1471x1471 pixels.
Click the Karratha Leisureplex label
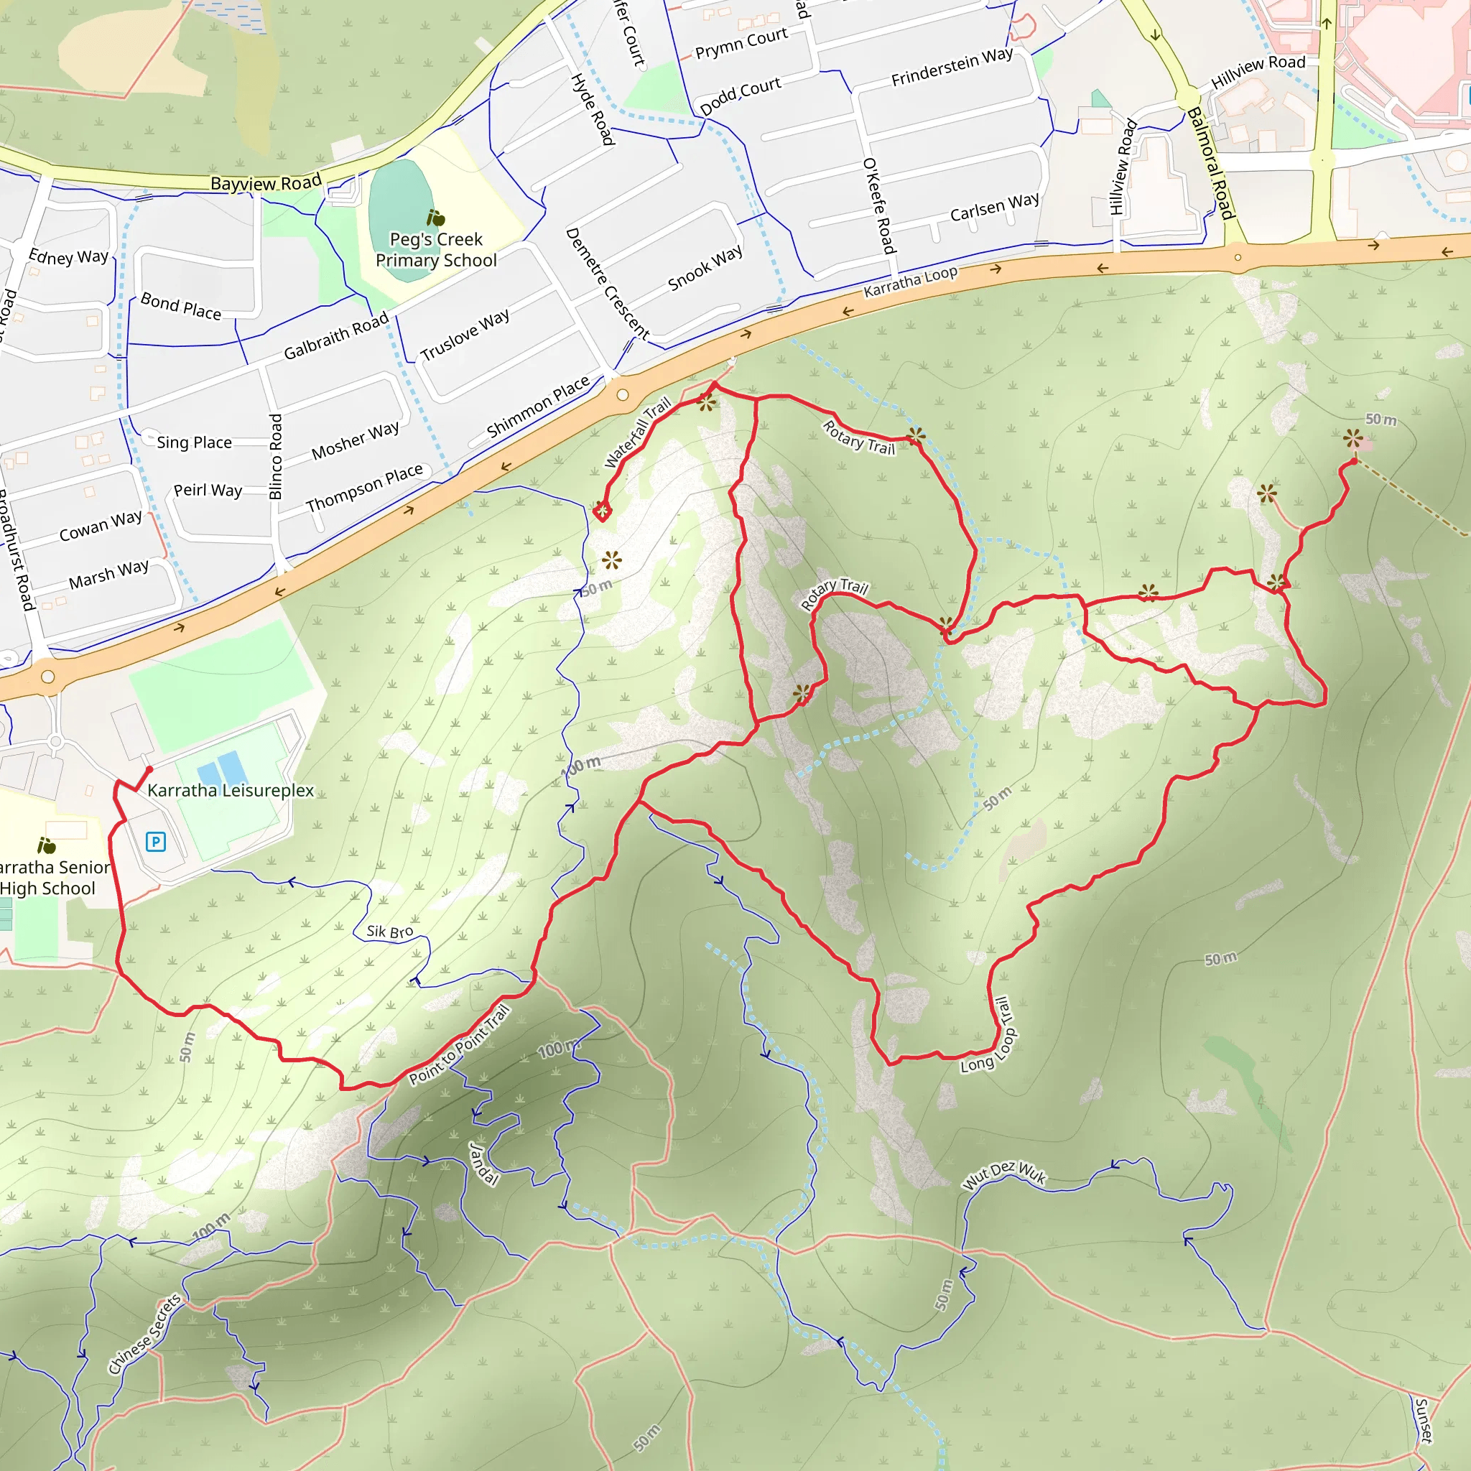coord(230,790)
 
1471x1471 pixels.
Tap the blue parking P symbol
coord(155,841)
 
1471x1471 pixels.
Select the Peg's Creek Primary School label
coord(435,250)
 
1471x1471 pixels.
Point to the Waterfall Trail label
coord(638,432)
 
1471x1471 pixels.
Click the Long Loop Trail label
coord(990,1036)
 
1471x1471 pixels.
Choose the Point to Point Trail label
coord(459,1044)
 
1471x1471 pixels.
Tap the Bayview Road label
coord(266,182)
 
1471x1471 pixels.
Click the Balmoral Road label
coord(1210,163)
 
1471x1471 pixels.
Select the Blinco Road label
coord(276,456)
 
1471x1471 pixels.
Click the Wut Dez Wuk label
coord(1004,1175)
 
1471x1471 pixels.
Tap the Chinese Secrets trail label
coord(144,1333)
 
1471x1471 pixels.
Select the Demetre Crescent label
coord(608,283)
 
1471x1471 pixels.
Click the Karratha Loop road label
coord(911,282)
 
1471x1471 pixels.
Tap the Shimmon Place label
coord(538,406)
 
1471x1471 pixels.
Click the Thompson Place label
coord(364,488)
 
